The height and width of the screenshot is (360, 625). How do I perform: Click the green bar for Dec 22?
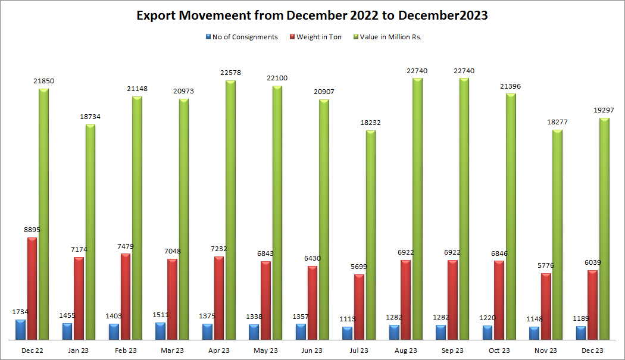(x=43, y=214)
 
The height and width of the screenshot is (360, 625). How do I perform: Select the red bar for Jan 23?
(x=79, y=298)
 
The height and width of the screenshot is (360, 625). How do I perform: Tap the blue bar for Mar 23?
(x=161, y=331)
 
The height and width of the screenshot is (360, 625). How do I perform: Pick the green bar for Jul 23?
(x=370, y=234)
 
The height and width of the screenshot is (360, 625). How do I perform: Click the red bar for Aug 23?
(x=405, y=299)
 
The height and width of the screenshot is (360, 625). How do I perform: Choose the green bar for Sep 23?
(x=464, y=208)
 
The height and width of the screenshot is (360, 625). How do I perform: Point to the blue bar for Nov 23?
(x=534, y=333)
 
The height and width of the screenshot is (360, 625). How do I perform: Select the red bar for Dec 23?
(x=592, y=304)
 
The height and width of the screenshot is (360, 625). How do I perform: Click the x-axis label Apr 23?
(x=218, y=350)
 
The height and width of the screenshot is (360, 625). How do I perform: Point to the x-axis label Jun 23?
(x=312, y=350)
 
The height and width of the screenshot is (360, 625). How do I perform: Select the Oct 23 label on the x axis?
(x=499, y=350)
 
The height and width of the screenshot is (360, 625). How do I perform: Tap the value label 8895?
(x=32, y=230)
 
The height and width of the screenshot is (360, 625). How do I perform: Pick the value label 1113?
(x=348, y=319)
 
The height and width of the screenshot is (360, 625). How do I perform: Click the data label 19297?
(x=604, y=110)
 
